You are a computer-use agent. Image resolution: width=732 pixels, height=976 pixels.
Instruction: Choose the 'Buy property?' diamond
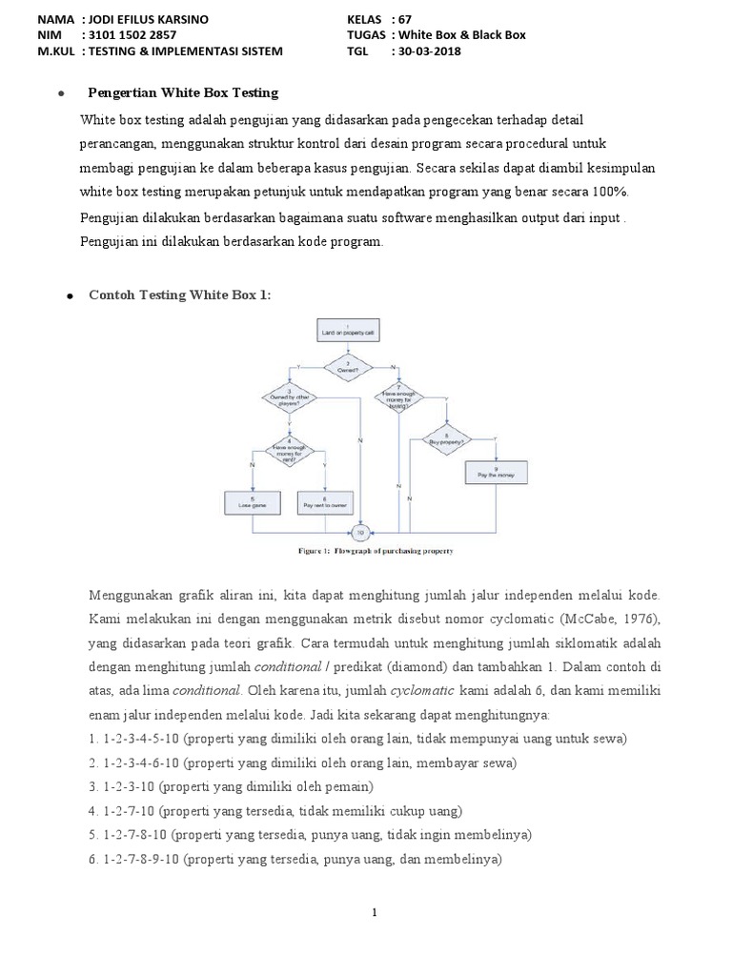[442, 439]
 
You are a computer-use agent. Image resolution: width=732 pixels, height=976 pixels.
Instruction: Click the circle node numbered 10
[361, 531]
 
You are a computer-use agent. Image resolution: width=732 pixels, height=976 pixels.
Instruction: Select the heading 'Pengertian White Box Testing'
[183, 92]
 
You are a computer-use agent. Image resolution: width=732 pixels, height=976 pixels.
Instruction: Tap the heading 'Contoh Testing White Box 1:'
[179, 295]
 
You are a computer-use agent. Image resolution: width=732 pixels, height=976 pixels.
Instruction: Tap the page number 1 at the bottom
[376, 913]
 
